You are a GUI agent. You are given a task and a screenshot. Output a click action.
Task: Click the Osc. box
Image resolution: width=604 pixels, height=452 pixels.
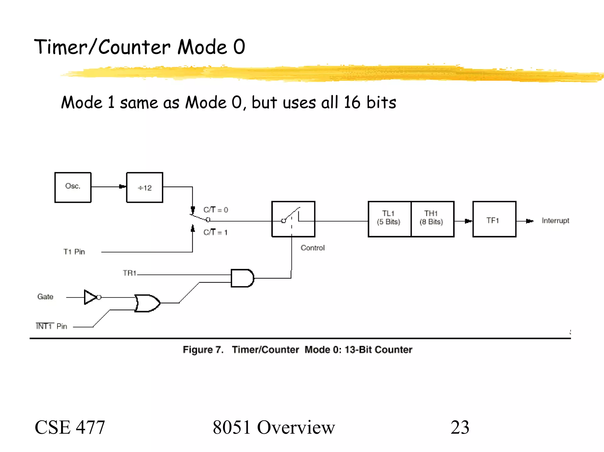tap(73, 187)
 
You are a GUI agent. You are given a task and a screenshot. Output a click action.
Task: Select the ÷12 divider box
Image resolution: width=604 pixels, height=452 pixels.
tap(145, 187)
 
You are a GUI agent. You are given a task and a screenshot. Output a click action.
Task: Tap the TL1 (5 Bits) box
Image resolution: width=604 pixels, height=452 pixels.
tap(389, 219)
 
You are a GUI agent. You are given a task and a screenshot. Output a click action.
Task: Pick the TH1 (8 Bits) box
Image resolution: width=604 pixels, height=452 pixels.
tap(432, 219)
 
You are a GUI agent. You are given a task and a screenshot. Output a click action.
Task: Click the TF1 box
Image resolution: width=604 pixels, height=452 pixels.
tap(494, 219)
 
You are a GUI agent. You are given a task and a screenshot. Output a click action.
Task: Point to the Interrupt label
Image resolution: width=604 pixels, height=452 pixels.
tap(555, 221)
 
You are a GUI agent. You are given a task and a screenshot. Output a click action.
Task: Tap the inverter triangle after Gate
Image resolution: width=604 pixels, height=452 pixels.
tap(90, 297)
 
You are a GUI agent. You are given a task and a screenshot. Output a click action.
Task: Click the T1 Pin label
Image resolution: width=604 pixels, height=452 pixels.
tap(74, 252)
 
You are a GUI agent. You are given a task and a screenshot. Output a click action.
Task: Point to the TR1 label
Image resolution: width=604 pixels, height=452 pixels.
tap(129, 273)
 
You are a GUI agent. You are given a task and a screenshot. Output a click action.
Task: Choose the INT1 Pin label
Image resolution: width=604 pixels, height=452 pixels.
tap(51, 326)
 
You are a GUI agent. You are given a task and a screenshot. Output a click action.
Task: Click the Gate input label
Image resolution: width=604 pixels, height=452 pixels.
tap(45, 297)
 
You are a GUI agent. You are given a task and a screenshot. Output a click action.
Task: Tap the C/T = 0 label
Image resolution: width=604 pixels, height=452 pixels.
tap(216, 210)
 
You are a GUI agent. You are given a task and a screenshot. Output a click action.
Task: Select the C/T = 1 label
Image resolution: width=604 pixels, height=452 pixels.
tap(215, 232)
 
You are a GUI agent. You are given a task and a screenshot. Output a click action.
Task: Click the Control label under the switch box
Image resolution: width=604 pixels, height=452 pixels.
tap(312, 248)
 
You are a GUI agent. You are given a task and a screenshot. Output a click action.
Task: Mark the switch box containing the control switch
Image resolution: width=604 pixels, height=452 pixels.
tap(293, 219)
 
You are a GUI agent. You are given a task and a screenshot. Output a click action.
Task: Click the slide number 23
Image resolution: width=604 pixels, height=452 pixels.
tap(459, 427)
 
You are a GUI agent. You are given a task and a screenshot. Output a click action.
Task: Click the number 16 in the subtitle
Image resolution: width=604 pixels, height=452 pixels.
tap(352, 102)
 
